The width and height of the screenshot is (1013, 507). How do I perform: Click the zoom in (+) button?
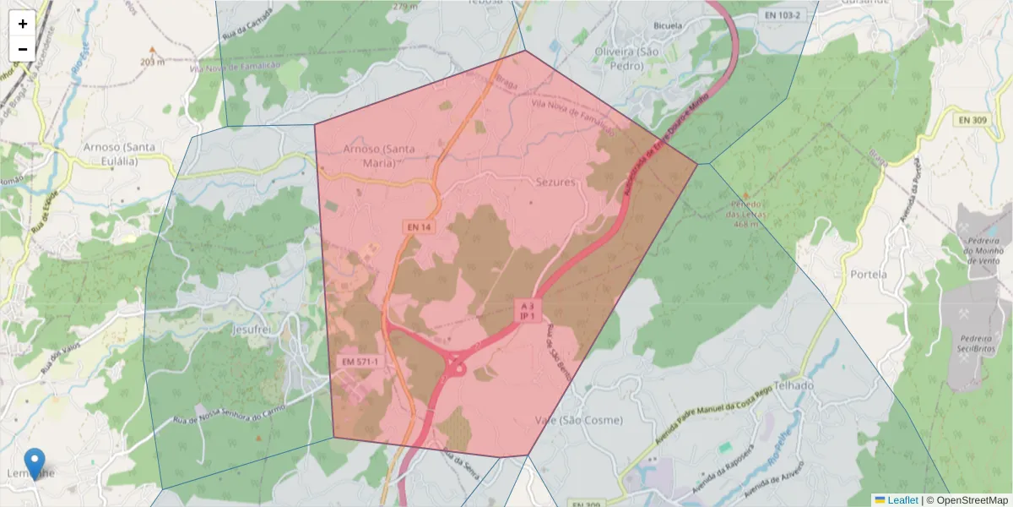coord(23,24)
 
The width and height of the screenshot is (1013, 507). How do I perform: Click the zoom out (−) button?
coord(23,49)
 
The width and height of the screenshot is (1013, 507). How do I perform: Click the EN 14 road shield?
coord(418,227)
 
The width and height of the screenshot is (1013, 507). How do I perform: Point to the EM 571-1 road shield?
coord(360,362)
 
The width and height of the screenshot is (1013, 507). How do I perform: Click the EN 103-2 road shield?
coord(781,15)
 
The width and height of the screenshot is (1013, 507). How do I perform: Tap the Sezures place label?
coord(555,182)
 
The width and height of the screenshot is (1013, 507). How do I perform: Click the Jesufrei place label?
coord(253,328)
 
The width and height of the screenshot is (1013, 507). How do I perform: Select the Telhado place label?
coord(792,385)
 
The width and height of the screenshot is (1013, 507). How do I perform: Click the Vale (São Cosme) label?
coord(579,420)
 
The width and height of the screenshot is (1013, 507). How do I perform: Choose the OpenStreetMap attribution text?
coord(970,500)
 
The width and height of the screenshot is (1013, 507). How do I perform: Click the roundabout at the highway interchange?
coord(458,368)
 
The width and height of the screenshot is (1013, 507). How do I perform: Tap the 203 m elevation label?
coord(153,62)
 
